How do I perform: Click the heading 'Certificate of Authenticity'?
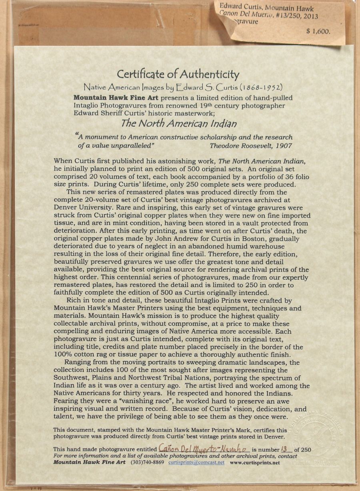click(x=178, y=74)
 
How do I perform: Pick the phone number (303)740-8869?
click(x=147, y=462)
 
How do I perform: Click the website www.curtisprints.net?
click(x=255, y=462)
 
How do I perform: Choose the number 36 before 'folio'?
click(x=283, y=177)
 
